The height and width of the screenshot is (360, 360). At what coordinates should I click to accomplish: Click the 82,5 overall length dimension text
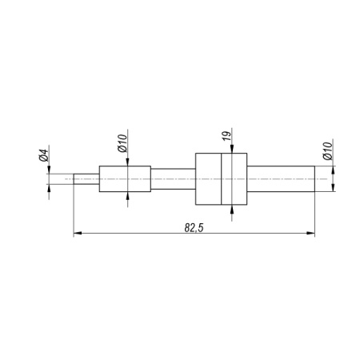point(194,228)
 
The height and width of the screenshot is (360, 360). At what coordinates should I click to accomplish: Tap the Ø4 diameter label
point(44,155)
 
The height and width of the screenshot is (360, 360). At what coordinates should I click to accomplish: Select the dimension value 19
point(226,136)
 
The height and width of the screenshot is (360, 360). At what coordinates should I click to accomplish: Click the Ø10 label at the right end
point(328,151)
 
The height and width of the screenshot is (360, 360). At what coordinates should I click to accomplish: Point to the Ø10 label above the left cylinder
point(122,143)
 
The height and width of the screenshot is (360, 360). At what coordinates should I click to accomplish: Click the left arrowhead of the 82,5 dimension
point(78,234)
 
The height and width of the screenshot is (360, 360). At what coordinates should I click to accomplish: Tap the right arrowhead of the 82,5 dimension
point(311,234)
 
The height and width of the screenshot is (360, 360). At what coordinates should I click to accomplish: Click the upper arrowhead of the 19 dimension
point(232,149)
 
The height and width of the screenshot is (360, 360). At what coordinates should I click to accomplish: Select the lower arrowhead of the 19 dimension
point(232,209)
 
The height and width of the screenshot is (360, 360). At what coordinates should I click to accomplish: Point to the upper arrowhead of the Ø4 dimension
point(49,170)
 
